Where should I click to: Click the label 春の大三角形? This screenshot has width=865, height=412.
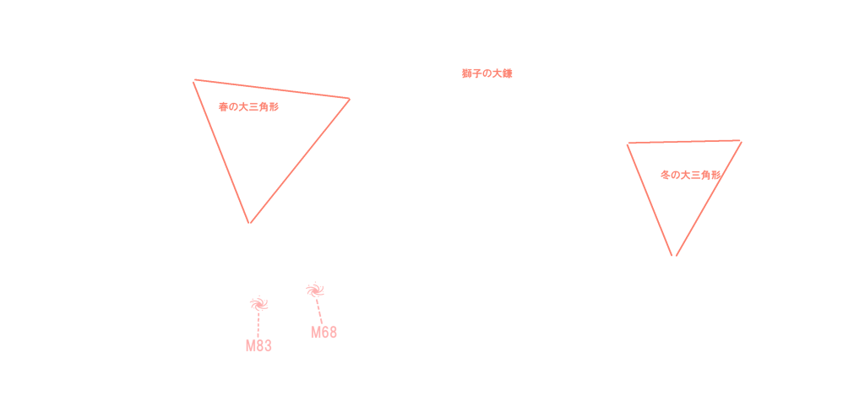pyautogui.click(x=248, y=107)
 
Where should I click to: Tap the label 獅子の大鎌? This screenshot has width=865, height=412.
pyautogui.click(x=487, y=73)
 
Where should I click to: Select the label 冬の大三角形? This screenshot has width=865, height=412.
pyautogui.click(x=690, y=175)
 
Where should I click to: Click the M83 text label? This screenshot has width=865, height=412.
pyautogui.click(x=258, y=346)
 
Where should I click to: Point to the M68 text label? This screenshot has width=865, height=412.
pyautogui.click(x=324, y=333)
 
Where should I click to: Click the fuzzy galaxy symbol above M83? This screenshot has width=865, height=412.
pyautogui.click(x=258, y=303)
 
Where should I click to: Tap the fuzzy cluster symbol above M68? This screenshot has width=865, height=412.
pyautogui.click(x=315, y=290)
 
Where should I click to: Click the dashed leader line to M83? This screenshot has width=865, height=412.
pyautogui.click(x=258, y=324)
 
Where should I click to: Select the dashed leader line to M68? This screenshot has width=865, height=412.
pyautogui.click(x=319, y=311)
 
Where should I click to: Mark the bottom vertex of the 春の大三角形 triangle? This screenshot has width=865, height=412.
pyautogui.click(x=249, y=223)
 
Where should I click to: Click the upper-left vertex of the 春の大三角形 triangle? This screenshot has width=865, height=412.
pyautogui.click(x=194, y=80)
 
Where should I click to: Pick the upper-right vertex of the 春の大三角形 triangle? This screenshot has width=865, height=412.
pyautogui.click(x=349, y=99)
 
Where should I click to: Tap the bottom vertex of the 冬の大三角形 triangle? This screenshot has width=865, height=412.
pyautogui.click(x=674, y=255)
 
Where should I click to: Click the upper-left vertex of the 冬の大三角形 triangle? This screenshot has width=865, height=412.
pyautogui.click(x=628, y=144)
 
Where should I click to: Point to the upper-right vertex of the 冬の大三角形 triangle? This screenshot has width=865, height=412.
pyautogui.click(x=741, y=141)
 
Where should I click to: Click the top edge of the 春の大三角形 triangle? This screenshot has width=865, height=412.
pyautogui.click(x=271, y=89)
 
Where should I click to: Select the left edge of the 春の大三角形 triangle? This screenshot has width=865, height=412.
pyautogui.click(x=221, y=151)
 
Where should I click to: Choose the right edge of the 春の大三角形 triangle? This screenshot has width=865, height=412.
pyautogui.click(x=299, y=160)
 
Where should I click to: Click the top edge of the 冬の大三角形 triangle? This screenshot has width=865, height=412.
pyautogui.click(x=684, y=143)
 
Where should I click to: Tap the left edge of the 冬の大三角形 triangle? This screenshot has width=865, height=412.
pyautogui.click(x=650, y=199)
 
